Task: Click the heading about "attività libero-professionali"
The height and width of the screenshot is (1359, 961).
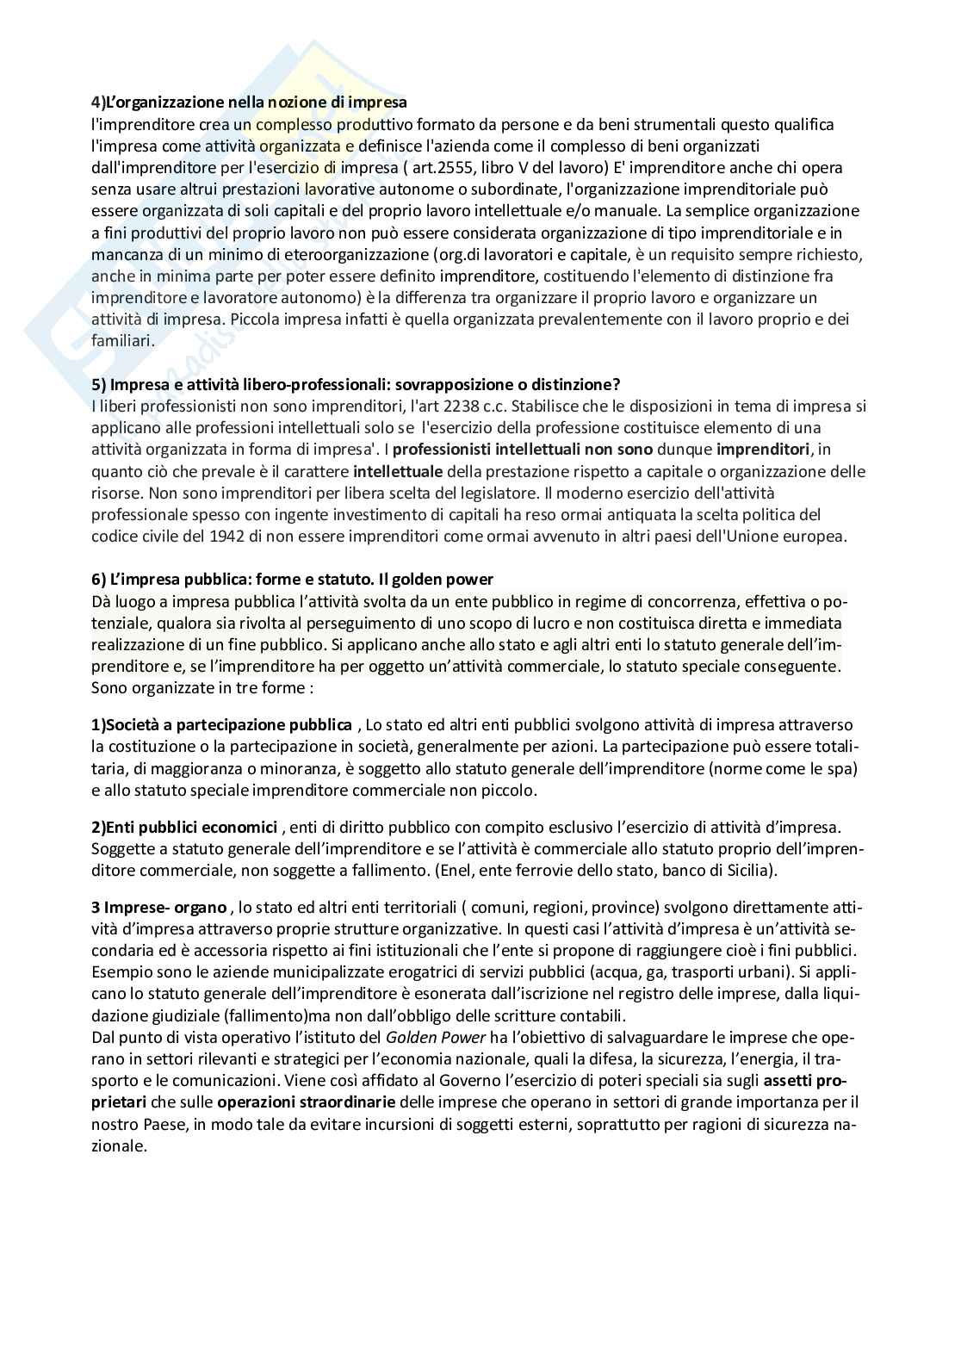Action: (356, 384)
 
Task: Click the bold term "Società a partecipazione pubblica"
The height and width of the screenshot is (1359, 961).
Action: (221, 725)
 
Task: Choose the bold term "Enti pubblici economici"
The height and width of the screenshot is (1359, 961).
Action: (184, 827)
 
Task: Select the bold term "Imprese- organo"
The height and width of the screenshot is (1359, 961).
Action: (158, 908)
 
